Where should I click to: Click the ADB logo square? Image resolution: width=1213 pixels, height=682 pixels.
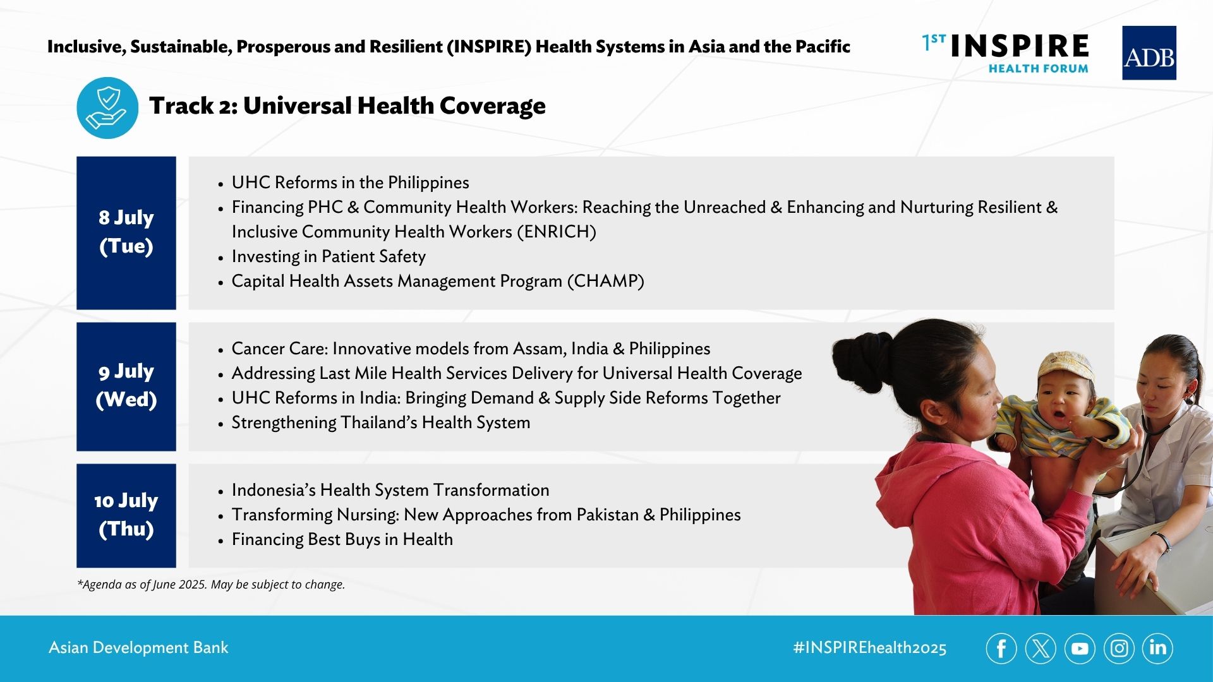coord(1149,53)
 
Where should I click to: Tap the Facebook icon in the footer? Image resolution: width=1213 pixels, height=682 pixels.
coord(1001,649)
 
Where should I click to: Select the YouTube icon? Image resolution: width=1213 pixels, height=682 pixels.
coord(1080,649)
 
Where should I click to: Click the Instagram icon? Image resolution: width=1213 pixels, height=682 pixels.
coord(1119,649)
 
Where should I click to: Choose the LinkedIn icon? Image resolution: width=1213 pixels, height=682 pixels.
coord(1157,649)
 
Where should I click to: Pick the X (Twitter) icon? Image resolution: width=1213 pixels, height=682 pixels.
coord(1041,649)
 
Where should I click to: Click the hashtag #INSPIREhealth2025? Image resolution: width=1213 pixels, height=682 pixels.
coord(870,648)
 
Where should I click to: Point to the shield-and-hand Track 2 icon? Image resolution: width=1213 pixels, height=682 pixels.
coord(107,108)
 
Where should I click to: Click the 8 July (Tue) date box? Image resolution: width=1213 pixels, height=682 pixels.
coord(126,233)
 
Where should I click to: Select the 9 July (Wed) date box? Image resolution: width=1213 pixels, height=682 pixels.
coord(126,386)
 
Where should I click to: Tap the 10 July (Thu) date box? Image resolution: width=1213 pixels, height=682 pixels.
coord(126,515)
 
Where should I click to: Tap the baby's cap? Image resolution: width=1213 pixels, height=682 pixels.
coord(1066,366)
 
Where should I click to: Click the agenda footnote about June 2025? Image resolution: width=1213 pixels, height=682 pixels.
coord(211,585)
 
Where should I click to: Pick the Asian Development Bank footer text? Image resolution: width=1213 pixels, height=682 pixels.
coord(138,648)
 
